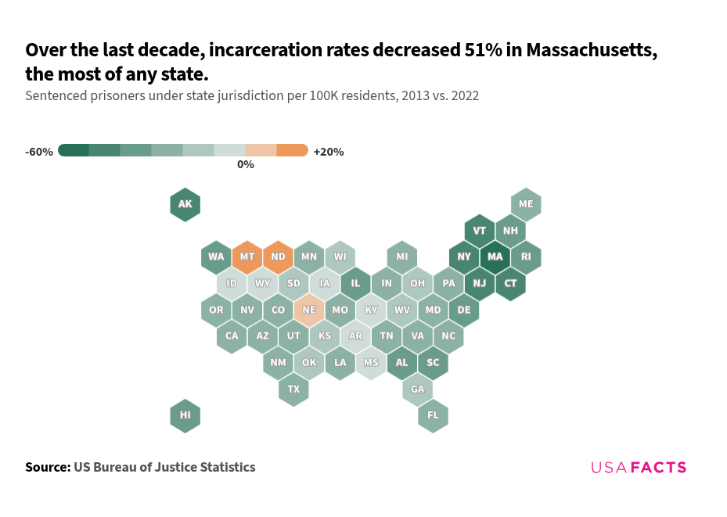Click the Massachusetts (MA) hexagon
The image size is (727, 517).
[x=495, y=257]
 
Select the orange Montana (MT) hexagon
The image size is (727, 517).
[x=247, y=257]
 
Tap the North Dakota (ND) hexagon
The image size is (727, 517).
[x=278, y=257]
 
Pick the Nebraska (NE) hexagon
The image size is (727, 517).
[x=309, y=310]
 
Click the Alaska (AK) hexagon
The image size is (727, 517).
[x=185, y=205]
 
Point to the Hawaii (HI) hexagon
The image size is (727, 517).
[x=185, y=415]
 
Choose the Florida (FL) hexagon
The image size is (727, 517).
[x=433, y=415]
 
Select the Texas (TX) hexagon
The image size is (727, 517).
[x=293, y=389]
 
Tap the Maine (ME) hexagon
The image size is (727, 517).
[x=526, y=205]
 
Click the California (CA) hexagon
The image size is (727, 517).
[x=232, y=336]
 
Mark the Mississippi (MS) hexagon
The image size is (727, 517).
[x=371, y=363]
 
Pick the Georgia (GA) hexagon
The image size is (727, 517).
[x=417, y=389]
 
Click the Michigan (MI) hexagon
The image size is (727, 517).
[x=401, y=257]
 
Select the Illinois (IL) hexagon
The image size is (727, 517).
[x=355, y=283]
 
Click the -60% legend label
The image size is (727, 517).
[x=39, y=152]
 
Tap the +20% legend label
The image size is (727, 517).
[x=328, y=152]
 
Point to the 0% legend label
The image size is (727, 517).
[x=246, y=165]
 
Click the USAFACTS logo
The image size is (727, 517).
[x=638, y=468]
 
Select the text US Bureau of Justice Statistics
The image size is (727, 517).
[x=164, y=467]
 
